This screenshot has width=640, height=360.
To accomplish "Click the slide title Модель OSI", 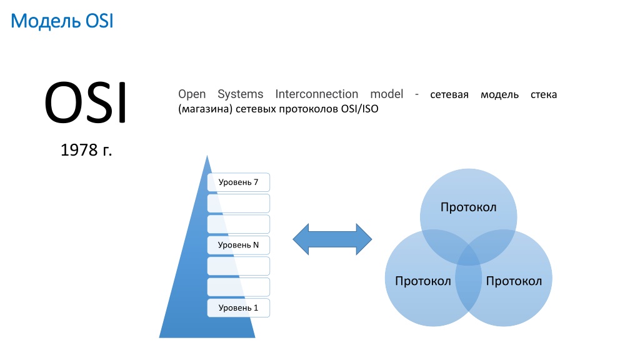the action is point(62,21).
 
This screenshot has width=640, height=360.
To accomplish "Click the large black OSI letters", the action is point(86,102).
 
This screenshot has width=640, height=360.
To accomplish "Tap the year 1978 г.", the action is point(86,150).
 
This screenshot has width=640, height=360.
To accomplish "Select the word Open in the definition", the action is point(192,94).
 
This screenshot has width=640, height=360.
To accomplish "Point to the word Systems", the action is point(241,94).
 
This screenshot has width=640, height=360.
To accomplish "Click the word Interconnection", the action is point(317,94).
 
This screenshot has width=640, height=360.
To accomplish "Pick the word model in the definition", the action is point(386,94).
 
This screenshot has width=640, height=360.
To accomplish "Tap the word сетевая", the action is point(449,95).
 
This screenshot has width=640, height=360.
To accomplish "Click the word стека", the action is point(544,95).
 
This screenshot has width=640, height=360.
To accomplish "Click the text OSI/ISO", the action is point(359,109).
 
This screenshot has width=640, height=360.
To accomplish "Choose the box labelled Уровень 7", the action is point(238,182).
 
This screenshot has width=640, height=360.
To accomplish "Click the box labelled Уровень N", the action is point(238,245).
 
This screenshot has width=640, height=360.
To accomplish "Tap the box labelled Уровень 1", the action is point(238,307).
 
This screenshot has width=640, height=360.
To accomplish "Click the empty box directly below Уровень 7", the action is point(238,203).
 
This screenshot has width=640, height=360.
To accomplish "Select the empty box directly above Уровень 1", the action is point(238,287).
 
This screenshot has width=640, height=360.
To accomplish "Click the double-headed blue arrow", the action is point(332,239).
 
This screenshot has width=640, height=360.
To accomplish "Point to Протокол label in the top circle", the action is point(469,207).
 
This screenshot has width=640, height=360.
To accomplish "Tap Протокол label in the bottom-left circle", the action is point(423,281).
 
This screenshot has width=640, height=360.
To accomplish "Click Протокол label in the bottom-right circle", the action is point(514,281).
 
